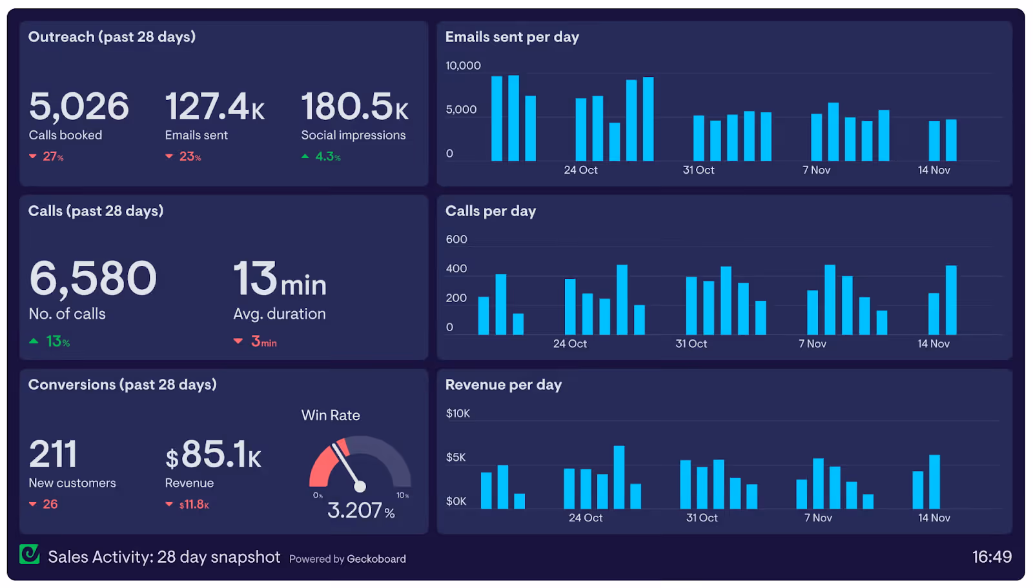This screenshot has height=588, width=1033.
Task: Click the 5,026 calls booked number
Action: click(x=79, y=106)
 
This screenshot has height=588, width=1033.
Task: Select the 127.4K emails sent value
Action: click(x=215, y=106)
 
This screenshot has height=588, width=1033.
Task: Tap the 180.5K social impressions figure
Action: click(x=354, y=106)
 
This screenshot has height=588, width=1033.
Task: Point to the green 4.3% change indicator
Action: click(x=321, y=157)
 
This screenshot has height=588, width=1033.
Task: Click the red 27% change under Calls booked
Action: click(x=46, y=157)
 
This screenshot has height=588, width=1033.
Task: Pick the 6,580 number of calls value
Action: click(x=93, y=278)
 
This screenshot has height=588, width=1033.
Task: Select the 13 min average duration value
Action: click(x=280, y=278)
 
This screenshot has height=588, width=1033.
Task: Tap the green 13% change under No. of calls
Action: click(x=49, y=341)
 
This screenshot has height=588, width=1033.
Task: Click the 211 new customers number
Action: click(x=53, y=454)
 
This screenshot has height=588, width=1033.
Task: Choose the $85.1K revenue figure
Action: click(x=214, y=454)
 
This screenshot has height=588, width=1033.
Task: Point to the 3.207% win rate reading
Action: click(x=361, y=511)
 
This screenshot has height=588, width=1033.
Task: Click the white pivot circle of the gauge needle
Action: click(x=360, y=486)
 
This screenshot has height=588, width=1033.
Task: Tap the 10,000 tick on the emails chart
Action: click(x=463, y=65)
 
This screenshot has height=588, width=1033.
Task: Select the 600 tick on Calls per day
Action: click(x=456, y=239)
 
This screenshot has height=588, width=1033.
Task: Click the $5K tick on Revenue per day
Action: click(x=456, y=458)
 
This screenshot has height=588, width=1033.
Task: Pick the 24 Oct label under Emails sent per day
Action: click(x=580, y=170)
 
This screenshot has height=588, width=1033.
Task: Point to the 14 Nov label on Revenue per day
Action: click(x=934, y=518)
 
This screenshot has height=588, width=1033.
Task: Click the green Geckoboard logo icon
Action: click(x=30, y=554)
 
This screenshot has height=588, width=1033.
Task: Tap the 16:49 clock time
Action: click(x=992, y=557)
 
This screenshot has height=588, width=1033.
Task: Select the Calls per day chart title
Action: click(x=491, y=211)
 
